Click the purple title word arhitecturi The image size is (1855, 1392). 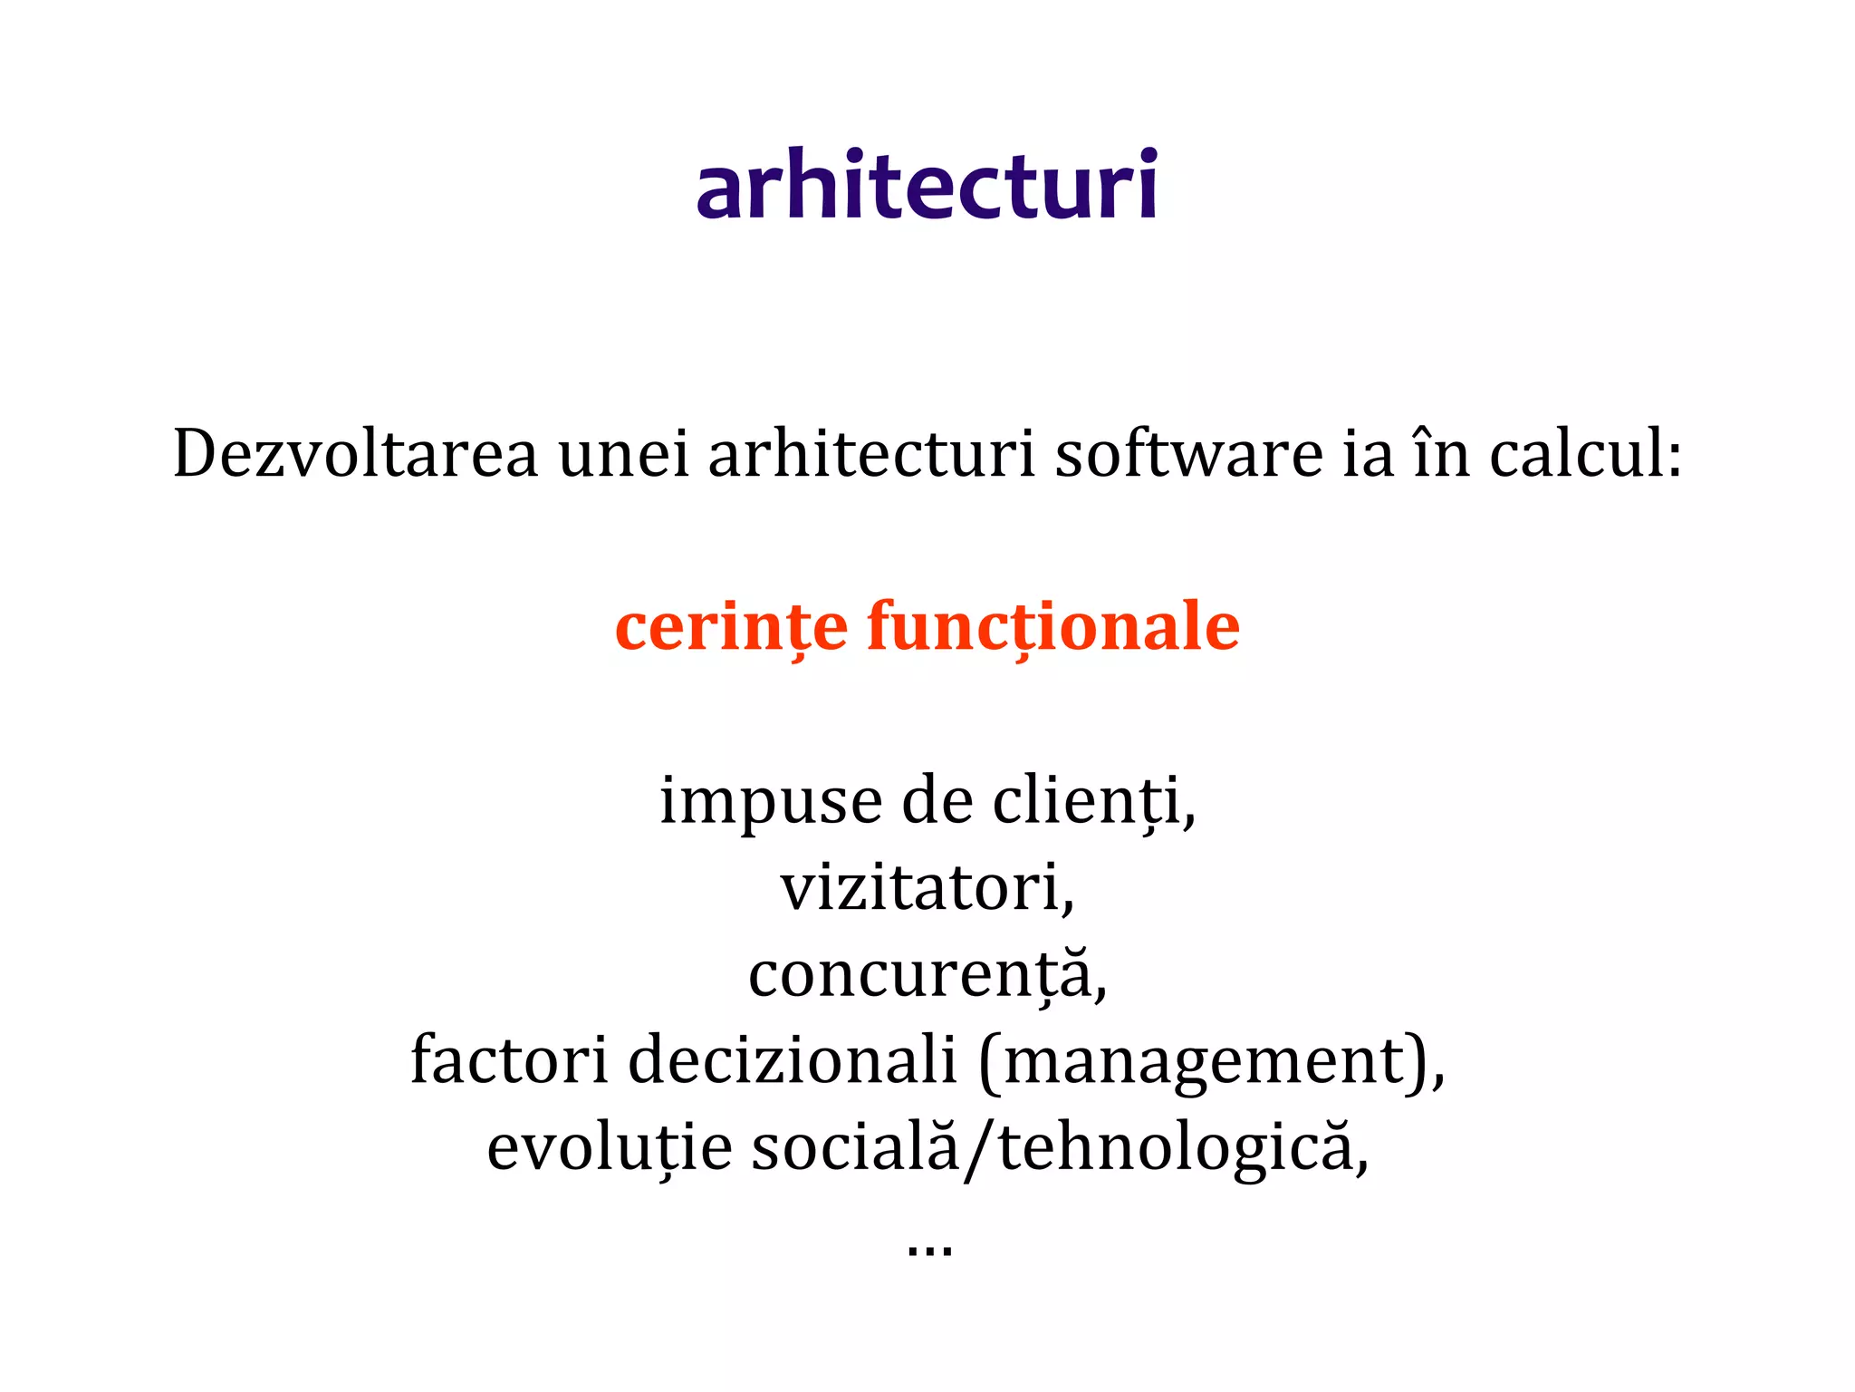(927, 186)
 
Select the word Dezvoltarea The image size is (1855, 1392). (356, 453)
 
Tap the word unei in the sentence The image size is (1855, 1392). (624, 453)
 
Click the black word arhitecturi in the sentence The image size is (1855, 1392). (871, 453)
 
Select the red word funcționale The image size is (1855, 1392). (1053, 626)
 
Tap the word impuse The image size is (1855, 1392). (771, 802)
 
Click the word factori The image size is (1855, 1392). (508, 1060)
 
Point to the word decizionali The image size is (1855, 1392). (793, 1060)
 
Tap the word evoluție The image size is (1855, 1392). (610, 1147)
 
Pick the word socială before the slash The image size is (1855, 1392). (855, 1147)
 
